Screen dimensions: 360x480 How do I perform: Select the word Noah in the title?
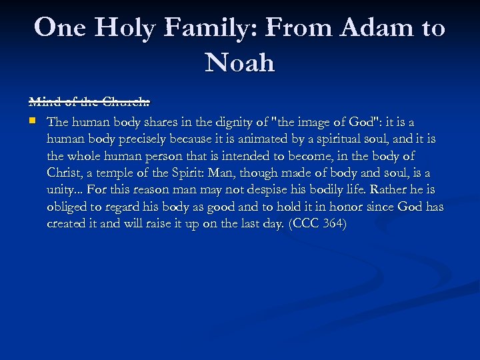tap(240, 63)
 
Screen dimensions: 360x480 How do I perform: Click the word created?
tap(67, 224)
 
